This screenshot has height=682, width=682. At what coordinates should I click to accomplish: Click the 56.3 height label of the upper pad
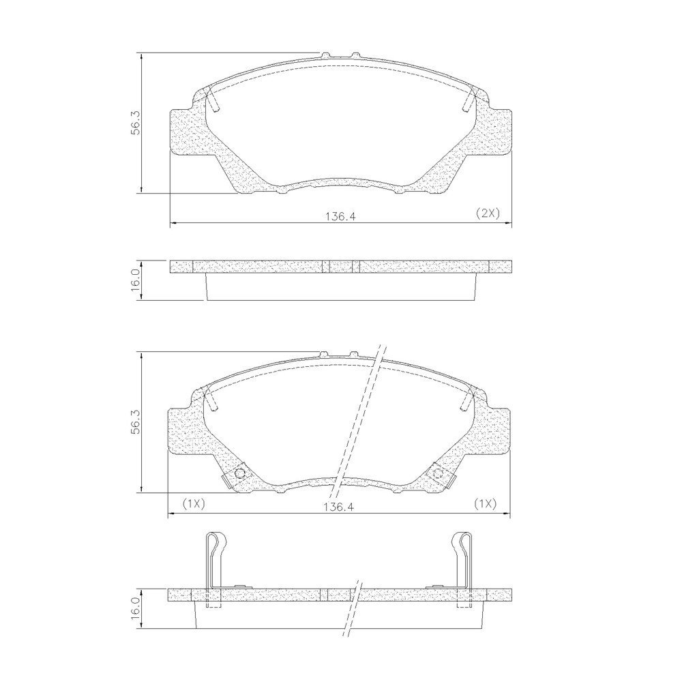point(135,122)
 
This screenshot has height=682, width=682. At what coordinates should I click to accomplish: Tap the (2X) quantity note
point(487,213)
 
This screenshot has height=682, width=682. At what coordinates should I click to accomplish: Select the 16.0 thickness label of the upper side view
point(135,280)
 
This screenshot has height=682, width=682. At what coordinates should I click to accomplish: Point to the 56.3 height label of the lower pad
point(135,421)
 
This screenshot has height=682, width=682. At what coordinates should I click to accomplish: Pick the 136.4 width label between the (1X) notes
point(340,507)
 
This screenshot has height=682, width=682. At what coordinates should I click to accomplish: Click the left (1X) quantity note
point(194,504)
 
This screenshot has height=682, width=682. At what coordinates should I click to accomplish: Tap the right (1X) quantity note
point(485,504)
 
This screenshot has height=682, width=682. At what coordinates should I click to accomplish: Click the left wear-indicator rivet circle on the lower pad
point(239,474)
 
